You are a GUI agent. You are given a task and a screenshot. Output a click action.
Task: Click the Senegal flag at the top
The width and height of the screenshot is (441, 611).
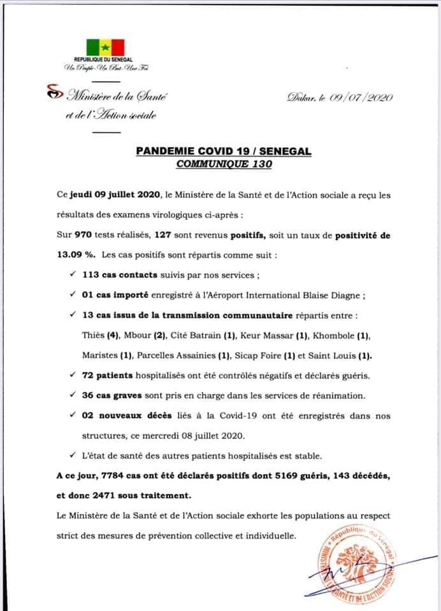point(105,47)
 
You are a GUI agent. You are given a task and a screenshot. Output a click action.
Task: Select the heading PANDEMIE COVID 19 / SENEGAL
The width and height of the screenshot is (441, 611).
point(223,152)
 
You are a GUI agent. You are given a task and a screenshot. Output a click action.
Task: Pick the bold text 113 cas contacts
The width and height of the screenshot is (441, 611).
point(119,276)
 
